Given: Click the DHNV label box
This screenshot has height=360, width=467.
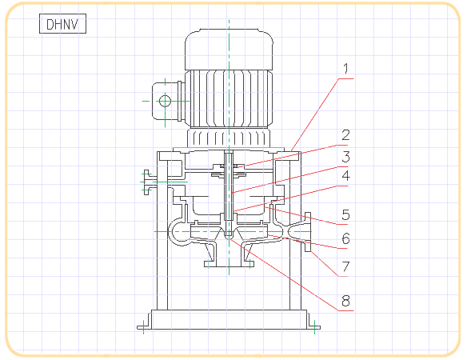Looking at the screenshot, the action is (x=62, y=23).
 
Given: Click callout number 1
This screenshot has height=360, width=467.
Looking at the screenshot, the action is (x=345, y=69).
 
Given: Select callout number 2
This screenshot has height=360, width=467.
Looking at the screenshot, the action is (x=345, y=135).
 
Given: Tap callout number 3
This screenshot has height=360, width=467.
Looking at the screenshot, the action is (x=345, y=157).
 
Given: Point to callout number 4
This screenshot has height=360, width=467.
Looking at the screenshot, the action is (x=345, y=175).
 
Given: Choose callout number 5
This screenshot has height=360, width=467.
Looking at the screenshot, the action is (x=345, y=214).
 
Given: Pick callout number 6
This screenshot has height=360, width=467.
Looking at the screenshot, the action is (x=345, y=238).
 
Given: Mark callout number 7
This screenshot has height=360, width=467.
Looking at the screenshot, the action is (x=345, y=266).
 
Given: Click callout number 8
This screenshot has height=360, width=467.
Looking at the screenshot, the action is (x=345, y=301).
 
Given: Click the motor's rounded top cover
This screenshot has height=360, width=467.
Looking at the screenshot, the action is (x=229, y=50).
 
